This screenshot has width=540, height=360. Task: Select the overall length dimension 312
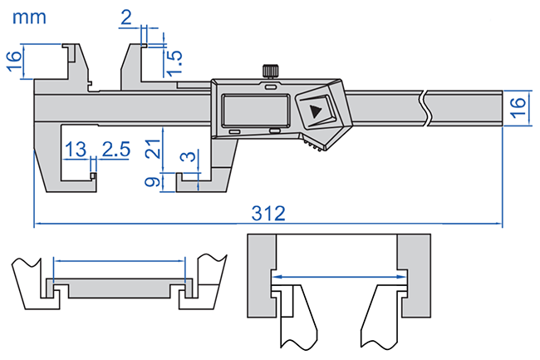point(268,214)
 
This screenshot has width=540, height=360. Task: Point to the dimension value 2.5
point(115,150)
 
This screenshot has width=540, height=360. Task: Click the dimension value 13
point(75,150)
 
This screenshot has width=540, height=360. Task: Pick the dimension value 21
point(151,149)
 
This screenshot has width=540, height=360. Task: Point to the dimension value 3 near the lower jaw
point(191,155)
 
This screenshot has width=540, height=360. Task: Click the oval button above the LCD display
point(271,85)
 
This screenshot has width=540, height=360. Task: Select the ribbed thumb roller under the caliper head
point(317,146)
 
